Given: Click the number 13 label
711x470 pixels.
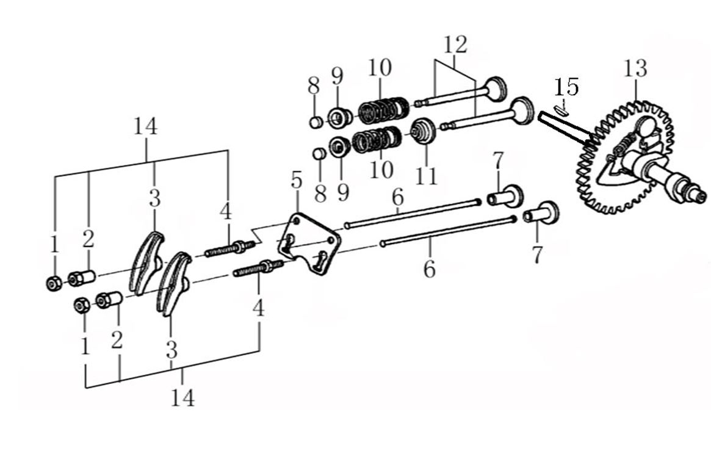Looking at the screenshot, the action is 635,69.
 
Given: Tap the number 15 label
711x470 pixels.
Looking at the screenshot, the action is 566,87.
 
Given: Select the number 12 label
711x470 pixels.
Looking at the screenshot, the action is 455,45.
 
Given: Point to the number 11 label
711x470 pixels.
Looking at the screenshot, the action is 426,176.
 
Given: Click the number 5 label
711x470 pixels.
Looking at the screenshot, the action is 296,180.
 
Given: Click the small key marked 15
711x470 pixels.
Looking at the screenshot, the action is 562,109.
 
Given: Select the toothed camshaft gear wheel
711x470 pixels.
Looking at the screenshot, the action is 626,156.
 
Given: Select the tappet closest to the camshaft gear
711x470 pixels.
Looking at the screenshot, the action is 541,213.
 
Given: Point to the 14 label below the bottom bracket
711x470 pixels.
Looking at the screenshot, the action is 182,398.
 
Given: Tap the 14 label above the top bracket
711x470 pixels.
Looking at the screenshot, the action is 145,126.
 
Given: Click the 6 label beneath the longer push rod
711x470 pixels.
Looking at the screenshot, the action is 429,269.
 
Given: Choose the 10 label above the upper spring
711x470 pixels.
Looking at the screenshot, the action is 380,68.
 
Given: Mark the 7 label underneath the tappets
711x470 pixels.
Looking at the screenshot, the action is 537,255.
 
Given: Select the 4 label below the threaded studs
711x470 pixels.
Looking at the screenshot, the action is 259,309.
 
